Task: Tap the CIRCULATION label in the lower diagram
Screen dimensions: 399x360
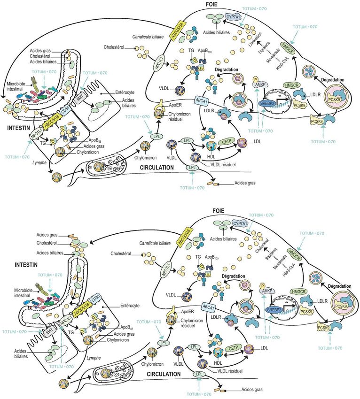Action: click(159, 374)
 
